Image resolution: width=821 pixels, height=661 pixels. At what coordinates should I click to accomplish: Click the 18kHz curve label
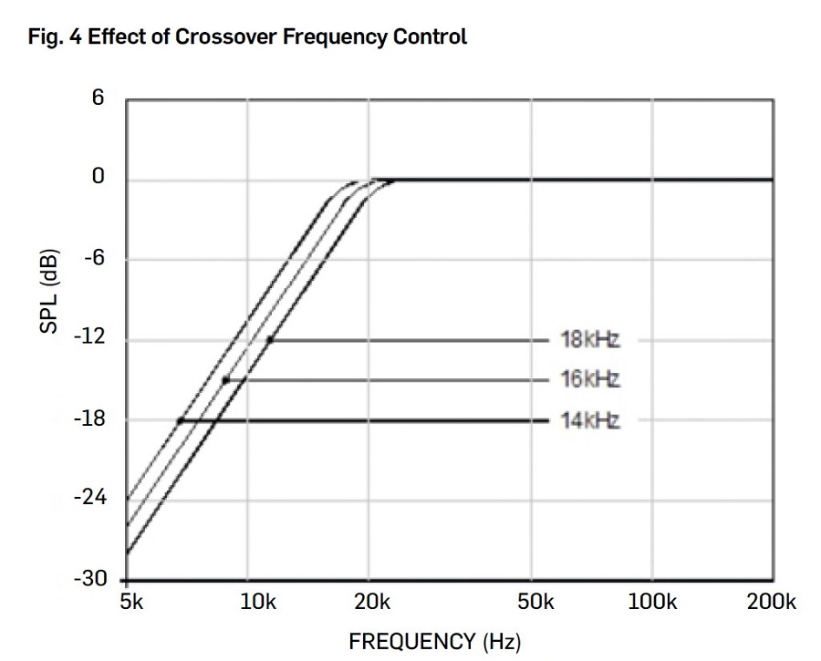point(590,340)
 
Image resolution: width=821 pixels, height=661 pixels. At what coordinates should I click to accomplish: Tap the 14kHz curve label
point(590,420)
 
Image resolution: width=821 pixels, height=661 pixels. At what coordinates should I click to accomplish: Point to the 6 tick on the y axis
point(99,98)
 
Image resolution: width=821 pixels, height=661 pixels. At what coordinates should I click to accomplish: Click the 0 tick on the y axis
point(99,177)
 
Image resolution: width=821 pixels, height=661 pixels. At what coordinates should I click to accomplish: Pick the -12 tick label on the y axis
point(92,338)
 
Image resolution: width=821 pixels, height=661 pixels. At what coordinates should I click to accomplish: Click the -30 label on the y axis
point(91,580)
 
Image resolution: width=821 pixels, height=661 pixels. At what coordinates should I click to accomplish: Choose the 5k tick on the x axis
point(132,602)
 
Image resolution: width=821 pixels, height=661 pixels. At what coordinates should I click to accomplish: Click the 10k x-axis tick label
point(258,602)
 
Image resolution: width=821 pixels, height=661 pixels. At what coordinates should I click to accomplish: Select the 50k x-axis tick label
point(535,602)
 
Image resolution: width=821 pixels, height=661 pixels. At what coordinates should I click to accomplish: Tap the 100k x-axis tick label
point(652,602)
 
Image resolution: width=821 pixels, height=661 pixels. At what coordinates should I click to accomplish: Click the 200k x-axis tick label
point(771,602)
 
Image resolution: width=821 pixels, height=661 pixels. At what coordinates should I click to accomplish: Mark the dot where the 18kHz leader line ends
point(270,340)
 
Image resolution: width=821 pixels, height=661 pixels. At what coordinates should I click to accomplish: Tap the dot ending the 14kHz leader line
point(181,420)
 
